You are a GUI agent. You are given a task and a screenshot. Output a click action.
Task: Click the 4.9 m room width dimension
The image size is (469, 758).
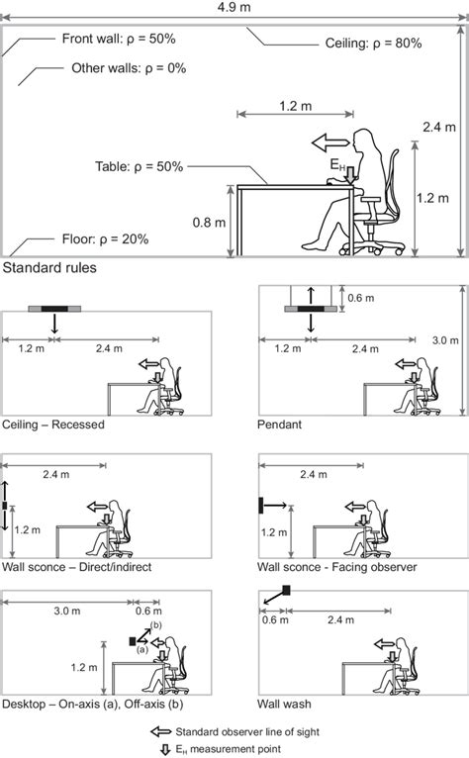tap(234, 8)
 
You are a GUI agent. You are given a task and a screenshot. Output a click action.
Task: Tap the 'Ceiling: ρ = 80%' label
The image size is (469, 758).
tap(373, 45)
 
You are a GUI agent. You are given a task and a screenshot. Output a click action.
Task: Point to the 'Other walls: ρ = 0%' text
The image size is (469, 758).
tap(129, 69)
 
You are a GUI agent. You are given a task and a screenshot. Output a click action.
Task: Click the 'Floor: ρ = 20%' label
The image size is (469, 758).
tap(102, 239)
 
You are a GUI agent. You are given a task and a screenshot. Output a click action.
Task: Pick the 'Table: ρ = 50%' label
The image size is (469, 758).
tap(140, 167)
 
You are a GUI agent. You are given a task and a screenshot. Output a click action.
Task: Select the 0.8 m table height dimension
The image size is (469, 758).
tap(207, 222)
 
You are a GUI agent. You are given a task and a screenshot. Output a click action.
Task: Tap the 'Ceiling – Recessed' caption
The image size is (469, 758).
tap(53, 424)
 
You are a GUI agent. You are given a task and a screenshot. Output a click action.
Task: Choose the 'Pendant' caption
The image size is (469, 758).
tap(282, 424)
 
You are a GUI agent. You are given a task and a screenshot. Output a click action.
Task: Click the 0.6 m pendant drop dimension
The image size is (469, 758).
tap(363, 297)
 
